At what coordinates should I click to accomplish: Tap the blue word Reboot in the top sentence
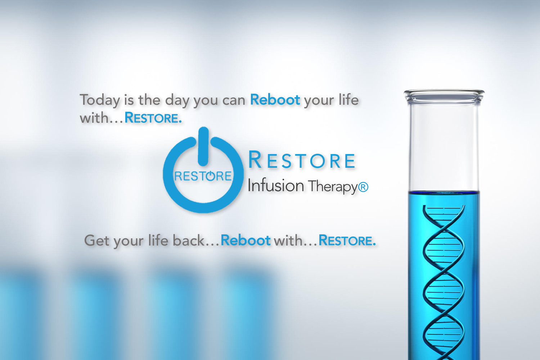click(275, 100)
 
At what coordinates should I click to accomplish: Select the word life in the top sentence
click(348, 99)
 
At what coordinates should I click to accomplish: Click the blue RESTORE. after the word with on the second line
click(153, 118)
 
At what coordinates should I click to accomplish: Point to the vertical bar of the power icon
click(203, 147)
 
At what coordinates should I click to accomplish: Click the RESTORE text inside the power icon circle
click(203, 176)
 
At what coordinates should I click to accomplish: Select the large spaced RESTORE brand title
click(302, 160)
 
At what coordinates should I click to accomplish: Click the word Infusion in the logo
click(275, 185)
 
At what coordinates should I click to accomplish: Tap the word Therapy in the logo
click(333, 187)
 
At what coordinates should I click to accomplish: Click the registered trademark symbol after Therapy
click(363, 187)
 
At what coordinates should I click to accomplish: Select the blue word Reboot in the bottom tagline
click(246, 240)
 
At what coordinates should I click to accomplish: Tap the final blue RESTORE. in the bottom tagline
click(347, 240)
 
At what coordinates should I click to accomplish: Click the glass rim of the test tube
click(444, 96)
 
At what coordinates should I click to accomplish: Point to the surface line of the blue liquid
click(444, 192)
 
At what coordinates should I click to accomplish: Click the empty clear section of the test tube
click(444, 147)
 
